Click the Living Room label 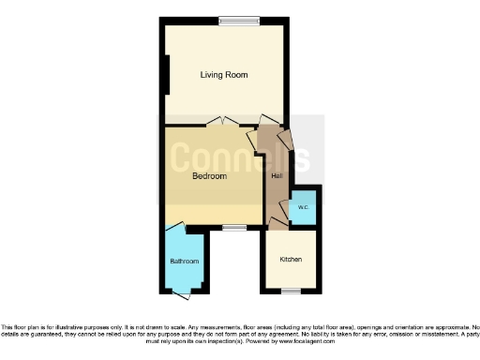(223, 74)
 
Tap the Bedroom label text (209, 175)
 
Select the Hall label (277, 175)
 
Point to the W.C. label (302, 207)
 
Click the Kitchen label (290, 258)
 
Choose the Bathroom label (184, 261)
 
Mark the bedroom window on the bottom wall (234, 227)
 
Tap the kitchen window (291, 292)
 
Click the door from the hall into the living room (269, 121)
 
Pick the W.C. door (285, 205)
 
